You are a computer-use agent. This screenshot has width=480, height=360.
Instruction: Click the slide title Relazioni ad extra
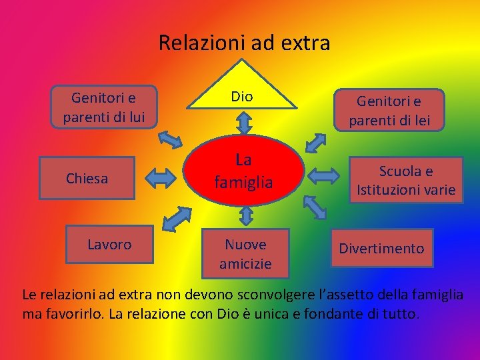click(244, 43)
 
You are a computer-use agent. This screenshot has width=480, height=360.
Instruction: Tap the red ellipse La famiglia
click(243, 170)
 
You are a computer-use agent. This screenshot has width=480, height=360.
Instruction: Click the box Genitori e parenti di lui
click(103, 107)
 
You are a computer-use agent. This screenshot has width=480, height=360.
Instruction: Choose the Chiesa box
click(87, 178)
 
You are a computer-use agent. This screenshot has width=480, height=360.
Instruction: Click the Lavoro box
click(109, 245)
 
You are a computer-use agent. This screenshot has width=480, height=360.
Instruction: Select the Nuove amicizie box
click(245, 253)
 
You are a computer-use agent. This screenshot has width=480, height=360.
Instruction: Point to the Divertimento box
click(381, 248)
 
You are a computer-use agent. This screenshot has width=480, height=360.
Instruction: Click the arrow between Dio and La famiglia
click(244, 122)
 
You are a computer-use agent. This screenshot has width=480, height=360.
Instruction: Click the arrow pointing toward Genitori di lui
click(170, 139)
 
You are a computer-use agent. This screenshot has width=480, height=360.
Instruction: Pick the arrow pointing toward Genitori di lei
click(315, 145)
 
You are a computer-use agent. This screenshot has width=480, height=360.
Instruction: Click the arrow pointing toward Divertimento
click(317, 206)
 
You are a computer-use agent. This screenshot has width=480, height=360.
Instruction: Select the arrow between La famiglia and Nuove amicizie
click(245, 215)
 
